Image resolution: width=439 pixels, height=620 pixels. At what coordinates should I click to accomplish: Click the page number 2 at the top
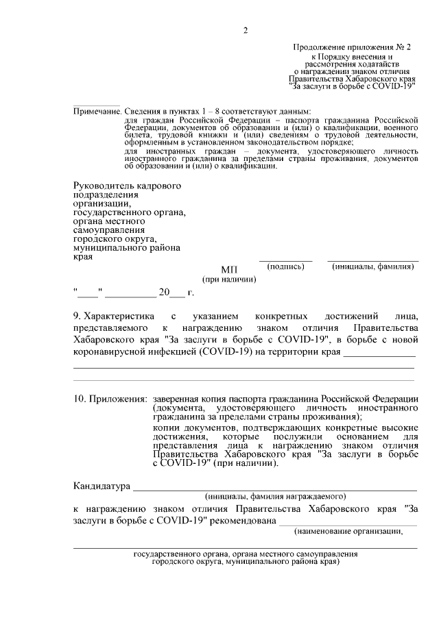pos(245,29)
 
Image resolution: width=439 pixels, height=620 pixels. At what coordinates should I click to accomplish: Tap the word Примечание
pos(97,111)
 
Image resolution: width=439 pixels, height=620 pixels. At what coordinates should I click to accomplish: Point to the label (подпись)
pos(285,266)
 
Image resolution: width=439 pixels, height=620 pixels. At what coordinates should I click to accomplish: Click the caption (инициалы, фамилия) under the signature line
pos(372,266)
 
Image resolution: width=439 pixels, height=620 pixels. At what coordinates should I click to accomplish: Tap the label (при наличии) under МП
pos(228,280)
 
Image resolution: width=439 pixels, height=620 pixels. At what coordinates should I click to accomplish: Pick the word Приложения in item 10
pos(117,399)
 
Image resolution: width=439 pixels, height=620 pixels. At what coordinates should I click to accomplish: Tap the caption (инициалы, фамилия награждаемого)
pos(275,496)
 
